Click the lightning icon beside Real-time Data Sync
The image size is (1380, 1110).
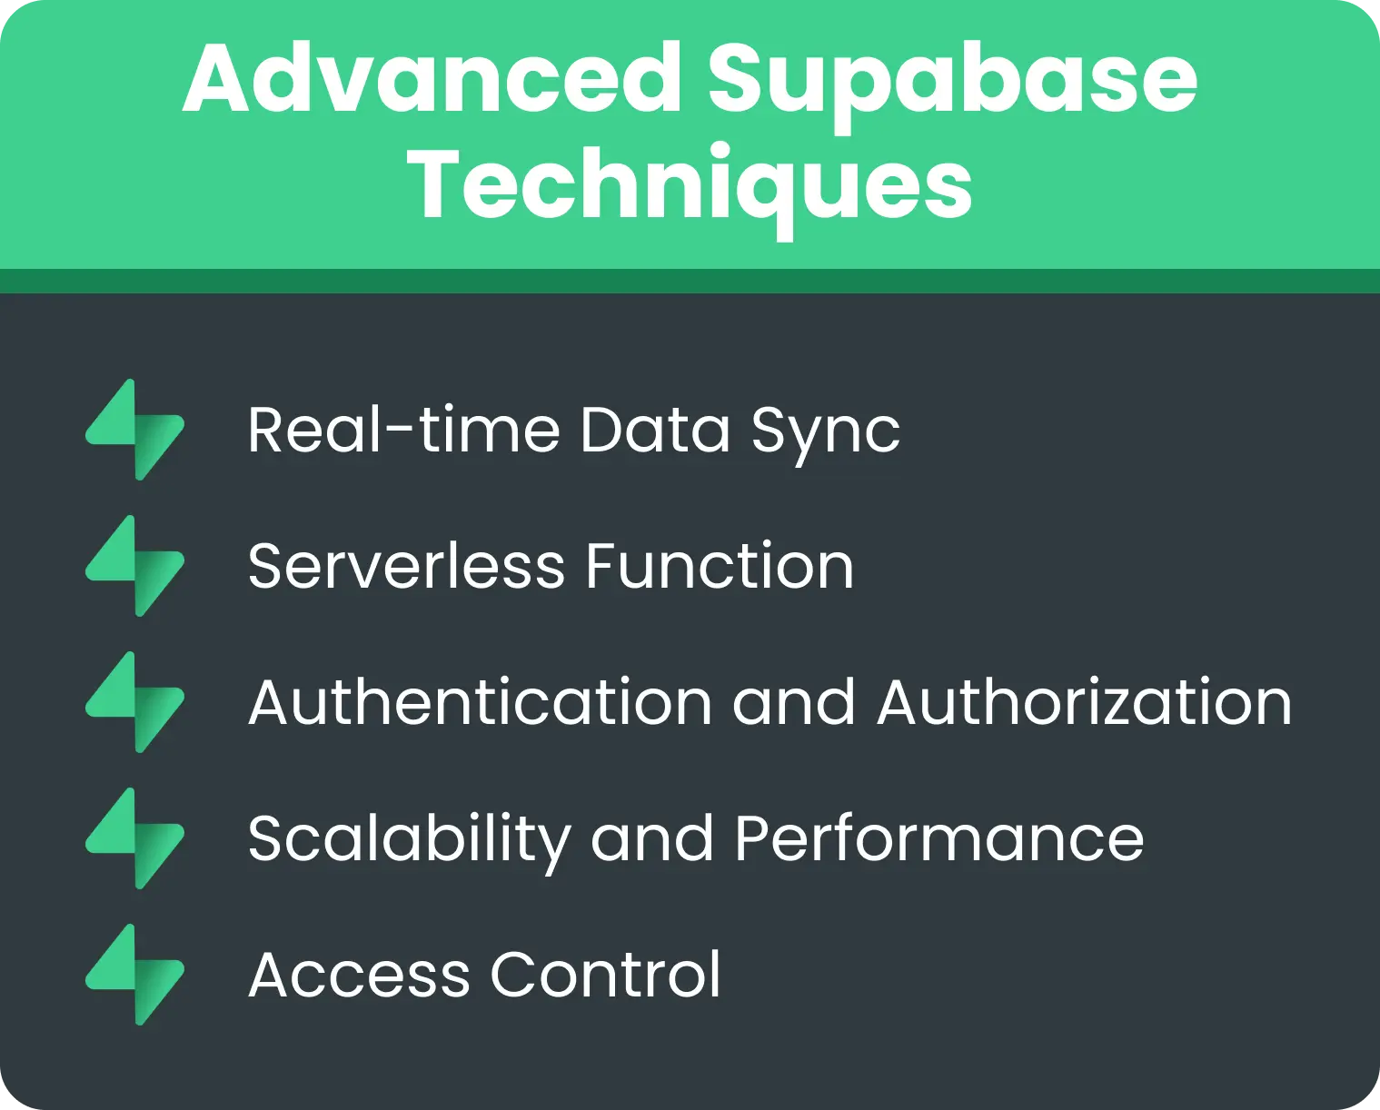pos(135,430)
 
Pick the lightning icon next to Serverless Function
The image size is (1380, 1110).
pos(135,566)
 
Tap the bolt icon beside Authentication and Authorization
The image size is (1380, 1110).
pos(135,702)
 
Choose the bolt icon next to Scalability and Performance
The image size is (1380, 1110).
pos(135,838)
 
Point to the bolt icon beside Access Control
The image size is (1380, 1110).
pos(135,975)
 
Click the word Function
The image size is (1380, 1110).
pos(719,567)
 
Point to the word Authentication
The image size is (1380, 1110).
pos(480,703)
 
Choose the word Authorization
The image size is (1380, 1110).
pos(1084,703)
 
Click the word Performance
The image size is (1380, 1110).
pos(938,838)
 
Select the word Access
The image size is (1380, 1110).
pos(359,976)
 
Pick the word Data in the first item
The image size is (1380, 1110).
pos(654,430)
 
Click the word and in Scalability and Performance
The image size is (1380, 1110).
pos(652,838)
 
